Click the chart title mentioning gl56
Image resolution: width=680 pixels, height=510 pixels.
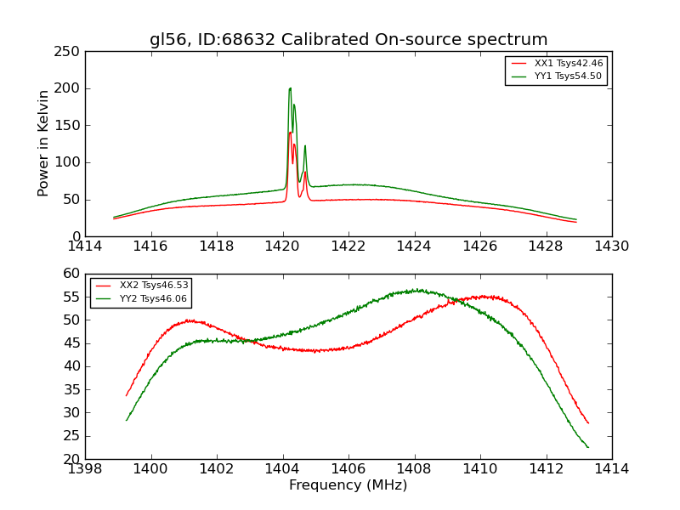coord(348,40)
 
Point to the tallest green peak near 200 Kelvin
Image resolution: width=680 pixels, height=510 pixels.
coord(290,88)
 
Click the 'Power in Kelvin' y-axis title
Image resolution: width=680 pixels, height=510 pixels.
coord(44,143)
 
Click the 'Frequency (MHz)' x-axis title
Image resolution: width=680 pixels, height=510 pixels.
coord(348,485)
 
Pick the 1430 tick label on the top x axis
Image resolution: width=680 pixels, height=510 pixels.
coord(612,246)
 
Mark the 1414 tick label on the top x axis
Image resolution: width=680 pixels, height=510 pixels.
coord(85,246)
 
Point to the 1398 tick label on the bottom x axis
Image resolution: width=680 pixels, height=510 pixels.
coord(85,469)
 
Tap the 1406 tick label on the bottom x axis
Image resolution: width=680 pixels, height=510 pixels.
coord(348,469)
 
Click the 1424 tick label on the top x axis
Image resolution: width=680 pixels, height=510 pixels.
coord(414,246)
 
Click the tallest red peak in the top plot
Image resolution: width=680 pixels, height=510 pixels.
coord(290,132)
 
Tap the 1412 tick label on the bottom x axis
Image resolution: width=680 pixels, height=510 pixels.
coord(546,469)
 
